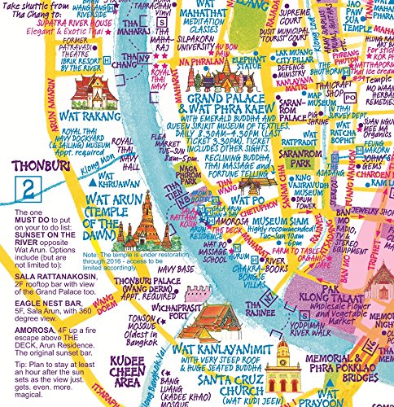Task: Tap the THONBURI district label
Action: coord(32,169)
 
